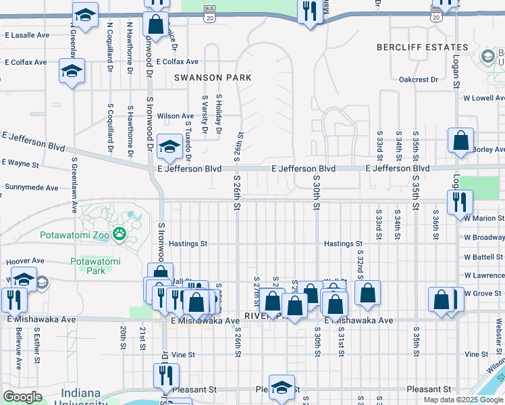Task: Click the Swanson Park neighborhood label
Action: (213, 78)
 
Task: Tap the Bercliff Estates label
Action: (422, 47)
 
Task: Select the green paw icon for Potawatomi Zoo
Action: (120, 234)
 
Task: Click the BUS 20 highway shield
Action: (210, 14)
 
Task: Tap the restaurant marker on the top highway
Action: (311, 11)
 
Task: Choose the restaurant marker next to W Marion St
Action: (460, 200)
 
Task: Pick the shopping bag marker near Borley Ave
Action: (460, 141)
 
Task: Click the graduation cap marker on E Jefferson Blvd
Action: (169, 145)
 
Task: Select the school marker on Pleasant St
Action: (282, 387)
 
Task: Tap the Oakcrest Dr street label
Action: (418, 79)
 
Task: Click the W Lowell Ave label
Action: (483, 98)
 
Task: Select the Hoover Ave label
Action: (25, 261)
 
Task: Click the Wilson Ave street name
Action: (176, 116)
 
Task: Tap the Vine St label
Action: (183, 354)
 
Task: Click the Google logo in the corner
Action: (23, 397)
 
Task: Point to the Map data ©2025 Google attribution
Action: (464, 400)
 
